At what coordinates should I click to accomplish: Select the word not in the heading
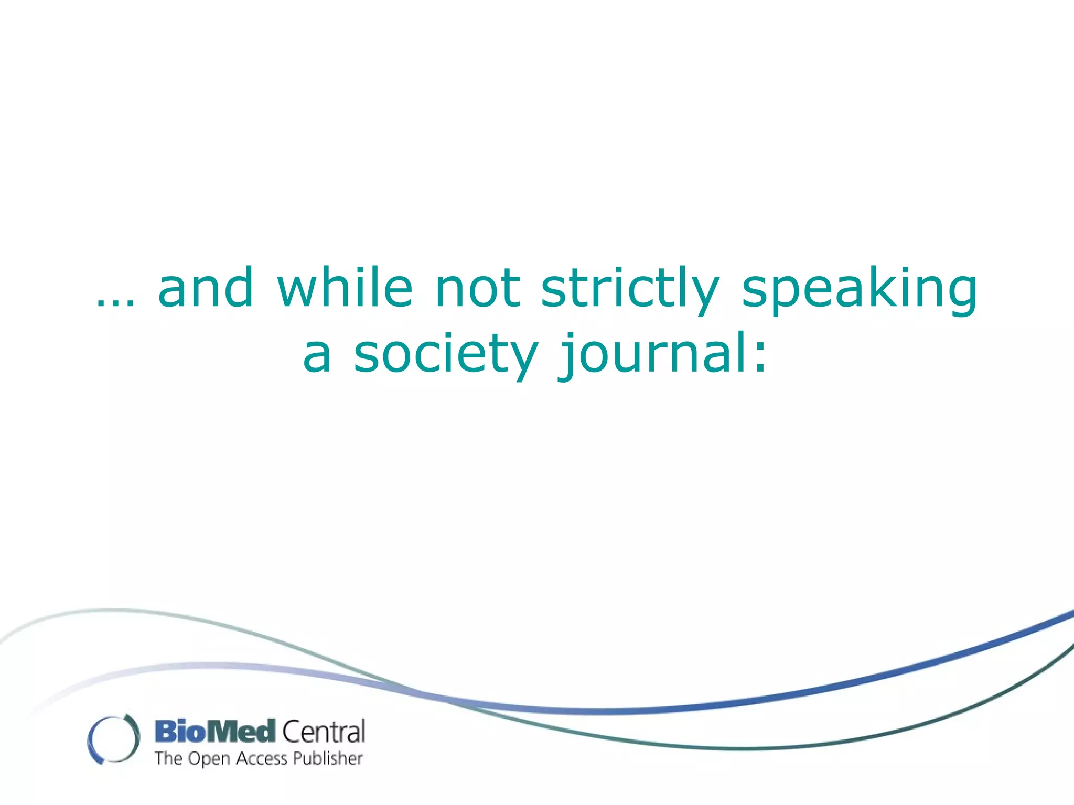[x=477, y=288]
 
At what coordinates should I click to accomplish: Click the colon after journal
[x=760, y=356]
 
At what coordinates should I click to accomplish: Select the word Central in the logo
[x=324, y=732]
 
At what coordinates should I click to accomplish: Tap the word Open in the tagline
[x=209, y=759]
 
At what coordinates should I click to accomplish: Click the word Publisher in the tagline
[x=328, y=758]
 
